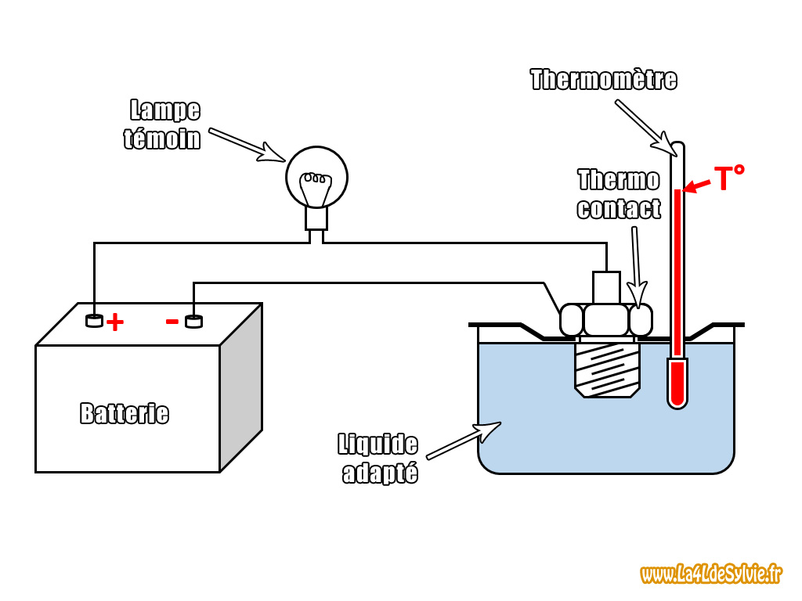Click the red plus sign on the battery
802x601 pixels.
pos(115,322)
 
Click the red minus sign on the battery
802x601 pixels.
pos(172,320)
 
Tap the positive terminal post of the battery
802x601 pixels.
pos(94,320)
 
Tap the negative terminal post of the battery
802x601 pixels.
pos(193,321)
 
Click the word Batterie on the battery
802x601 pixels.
pos(125,413)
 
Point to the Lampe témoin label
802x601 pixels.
pos(164,125)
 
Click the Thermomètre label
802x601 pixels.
pos(603,80)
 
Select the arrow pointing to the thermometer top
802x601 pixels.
pos(645,125)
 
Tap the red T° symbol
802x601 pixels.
pos(728,179)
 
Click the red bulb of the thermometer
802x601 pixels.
pos(677,383)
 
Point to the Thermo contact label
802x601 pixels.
pos(619,195)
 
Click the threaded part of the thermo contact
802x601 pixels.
pos(607,369)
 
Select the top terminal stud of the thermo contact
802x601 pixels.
pos(606,286)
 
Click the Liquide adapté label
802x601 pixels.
pos(379,458)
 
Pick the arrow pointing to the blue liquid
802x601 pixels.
pos(462,441)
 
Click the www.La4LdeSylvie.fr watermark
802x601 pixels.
pos(711,574)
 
